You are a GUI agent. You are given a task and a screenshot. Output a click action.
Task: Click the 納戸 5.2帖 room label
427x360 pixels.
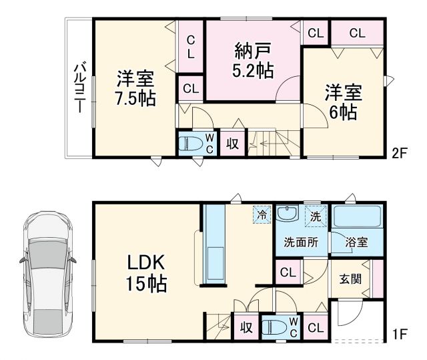pos(252,59)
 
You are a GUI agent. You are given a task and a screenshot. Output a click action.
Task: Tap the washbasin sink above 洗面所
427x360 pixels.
pos(289,214)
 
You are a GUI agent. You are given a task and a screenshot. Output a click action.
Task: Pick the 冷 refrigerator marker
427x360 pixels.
pos(262,215)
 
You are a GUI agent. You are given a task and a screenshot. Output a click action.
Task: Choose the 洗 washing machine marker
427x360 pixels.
pos(316,215)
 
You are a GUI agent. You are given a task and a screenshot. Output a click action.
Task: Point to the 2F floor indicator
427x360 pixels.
pos(399,152)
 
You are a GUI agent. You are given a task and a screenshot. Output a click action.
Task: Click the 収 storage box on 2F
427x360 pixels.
pos(232,144)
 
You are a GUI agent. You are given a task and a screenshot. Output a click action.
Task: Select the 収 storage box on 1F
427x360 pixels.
pos(245,328)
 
